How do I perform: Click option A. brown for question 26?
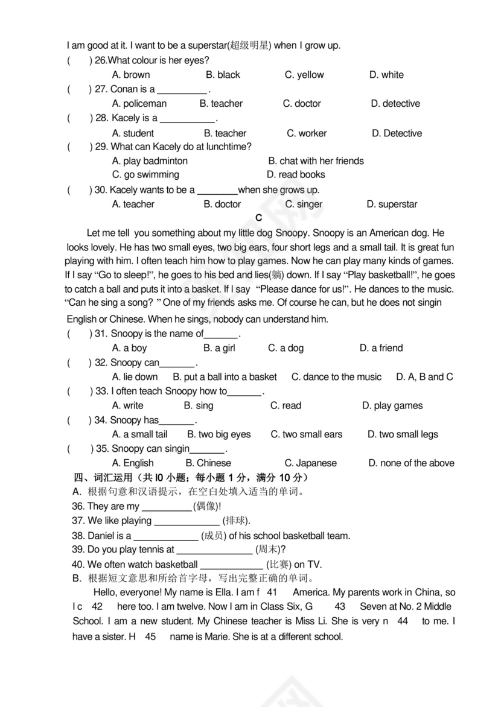131,75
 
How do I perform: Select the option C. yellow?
304,75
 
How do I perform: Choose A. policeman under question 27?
139,104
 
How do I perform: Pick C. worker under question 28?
307,133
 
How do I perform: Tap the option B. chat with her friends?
316,161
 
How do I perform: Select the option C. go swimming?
145,174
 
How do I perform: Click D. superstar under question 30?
392,204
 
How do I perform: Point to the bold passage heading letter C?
259,218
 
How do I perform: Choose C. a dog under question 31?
286,348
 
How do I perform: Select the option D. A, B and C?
424,377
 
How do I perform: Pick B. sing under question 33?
199,406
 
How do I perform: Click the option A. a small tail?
139,434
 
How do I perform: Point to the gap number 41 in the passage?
272,592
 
